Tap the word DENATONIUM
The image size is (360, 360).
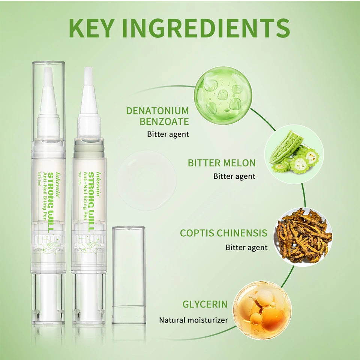157,111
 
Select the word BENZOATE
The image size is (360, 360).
164,121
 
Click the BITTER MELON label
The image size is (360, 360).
222,163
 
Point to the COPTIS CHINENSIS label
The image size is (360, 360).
223,233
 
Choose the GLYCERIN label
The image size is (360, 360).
205,304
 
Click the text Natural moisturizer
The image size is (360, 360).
193,320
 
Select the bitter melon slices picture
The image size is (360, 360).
294,154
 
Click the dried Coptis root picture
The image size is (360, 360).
303,236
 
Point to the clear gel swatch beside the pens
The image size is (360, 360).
146,180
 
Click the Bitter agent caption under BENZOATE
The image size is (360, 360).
168,134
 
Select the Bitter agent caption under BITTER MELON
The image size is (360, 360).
234,176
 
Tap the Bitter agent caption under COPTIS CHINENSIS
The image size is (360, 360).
246,247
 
